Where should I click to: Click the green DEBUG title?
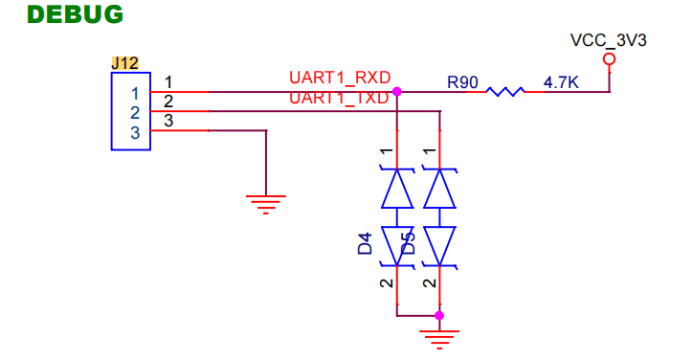[x=75, y=14]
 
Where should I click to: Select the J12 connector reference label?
[x=124, y=63]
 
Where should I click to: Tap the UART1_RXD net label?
[x=340, y=78]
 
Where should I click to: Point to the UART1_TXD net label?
[x=339, y=98]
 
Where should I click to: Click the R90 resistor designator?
[x=462, y=82]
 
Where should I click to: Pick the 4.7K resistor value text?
[x=561, y=82]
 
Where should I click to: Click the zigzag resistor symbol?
[x=505, y=91]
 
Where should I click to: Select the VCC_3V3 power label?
[x=608, y=40]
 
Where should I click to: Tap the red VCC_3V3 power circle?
[x=610, y=58]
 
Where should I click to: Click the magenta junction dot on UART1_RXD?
[x=397, y=91]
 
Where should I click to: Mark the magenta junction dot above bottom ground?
[x=439, y=315]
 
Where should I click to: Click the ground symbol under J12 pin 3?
[x=266, y=205]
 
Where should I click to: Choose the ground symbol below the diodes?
[x=439, y=340]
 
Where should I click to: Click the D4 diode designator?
[x=365, y=244]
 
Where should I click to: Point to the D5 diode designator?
[x=409, y=244]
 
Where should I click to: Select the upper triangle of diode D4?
[x=397, y=189]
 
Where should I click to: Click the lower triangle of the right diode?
[x=439, y=246]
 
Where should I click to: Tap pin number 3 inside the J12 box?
[x=135, y=133]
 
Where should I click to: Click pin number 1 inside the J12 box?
[x=135, y=94]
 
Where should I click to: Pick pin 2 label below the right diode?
[x=430, y=282]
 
